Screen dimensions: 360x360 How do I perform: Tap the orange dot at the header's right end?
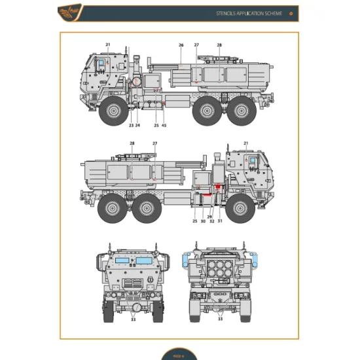coord(290,14)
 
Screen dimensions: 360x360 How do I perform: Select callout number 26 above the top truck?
coord(181,45)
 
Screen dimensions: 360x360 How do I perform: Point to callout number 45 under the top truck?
coord(164,125)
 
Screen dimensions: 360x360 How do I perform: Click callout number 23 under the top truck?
coord(131,125)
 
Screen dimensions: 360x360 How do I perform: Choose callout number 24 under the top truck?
coord(137,125)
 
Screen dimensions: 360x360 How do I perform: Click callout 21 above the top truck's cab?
coord(108,45)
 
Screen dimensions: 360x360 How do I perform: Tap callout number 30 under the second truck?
coord(203,221)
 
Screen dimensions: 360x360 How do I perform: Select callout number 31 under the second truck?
coord(220,221)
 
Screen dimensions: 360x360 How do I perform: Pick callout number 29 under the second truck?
coord(209,217)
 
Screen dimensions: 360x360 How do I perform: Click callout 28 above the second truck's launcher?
coord(132,143)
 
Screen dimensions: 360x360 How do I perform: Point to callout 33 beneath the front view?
coord(134,319)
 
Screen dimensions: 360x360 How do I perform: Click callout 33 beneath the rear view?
coord(221,319)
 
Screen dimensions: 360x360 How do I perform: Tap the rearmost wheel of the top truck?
coord(243,109)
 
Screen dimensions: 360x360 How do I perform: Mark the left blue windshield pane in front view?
coord(122,260)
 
